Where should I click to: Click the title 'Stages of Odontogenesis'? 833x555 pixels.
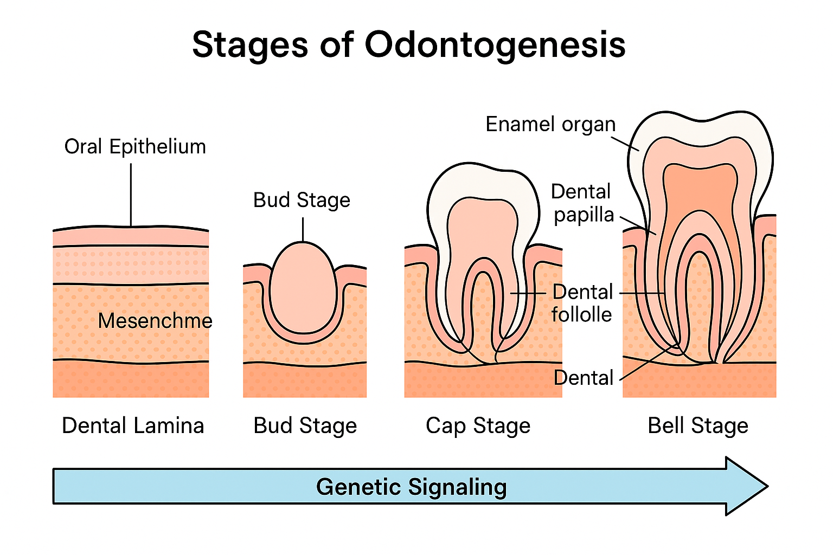(x=409, y=44)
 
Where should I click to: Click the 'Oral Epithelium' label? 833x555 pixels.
(x=135, y=147)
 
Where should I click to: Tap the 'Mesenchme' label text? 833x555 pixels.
(x=155, y=321)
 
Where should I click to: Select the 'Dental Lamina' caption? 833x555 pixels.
(x=133, y=425)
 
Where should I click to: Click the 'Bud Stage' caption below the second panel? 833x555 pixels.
(x=305, y=425)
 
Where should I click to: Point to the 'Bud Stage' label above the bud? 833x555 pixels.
(x=302, y=200)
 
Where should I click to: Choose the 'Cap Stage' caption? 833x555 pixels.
(x=478, y=425)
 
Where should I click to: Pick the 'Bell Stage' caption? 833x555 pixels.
(x=698, y=425)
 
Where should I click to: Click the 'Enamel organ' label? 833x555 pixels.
(x=550, y=124)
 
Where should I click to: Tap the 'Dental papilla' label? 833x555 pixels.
(x=582, y=203)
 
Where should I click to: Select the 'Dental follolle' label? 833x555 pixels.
(x=582, y=303)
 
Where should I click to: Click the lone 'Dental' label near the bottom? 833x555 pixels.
(x=583, y=378)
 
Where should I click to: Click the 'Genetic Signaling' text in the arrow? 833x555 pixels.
(x=411, y=487)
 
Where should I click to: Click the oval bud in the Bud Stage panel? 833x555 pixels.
(x=303, y=287)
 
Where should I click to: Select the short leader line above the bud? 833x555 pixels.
(x=303, y=229)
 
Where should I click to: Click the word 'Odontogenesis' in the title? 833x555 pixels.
(x=495, y=44)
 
